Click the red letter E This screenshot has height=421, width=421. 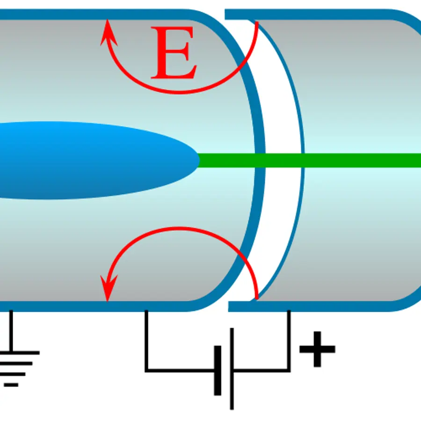tap(174, 52)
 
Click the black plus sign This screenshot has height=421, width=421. tap(317, 349)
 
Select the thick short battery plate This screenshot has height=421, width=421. tap(218, 370)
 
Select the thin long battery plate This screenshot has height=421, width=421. tap(232, 369)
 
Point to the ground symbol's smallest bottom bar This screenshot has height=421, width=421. tap(11, 385)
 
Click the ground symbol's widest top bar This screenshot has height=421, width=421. tap(19, 353)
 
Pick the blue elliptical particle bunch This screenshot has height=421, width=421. tap(97, 160)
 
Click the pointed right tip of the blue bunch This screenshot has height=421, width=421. tap(199, 160)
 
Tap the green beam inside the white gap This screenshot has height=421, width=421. tap(283, 160)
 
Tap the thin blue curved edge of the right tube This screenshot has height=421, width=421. tap(303, 160)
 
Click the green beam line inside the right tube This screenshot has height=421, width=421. tap(363, 160)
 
